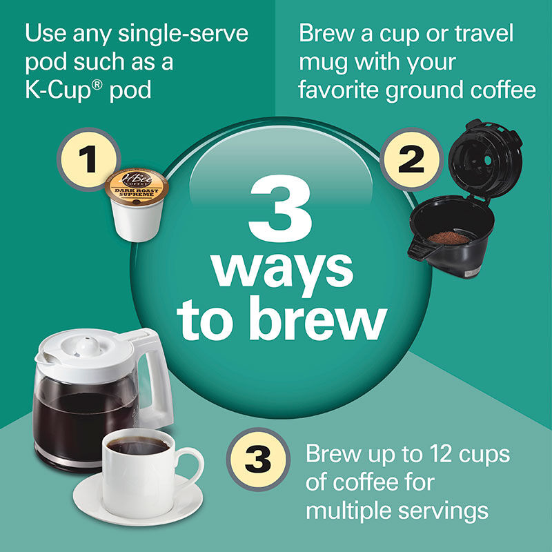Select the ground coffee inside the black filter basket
pos(449,237)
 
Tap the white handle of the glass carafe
pos(157,386)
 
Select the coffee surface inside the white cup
pos(139,446)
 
